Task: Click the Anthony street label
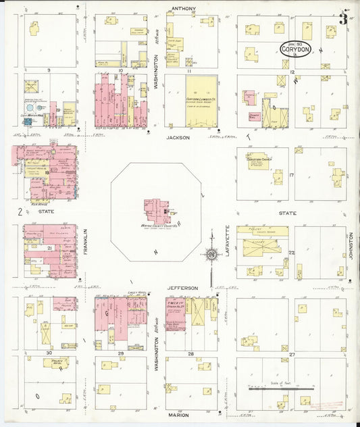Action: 183,9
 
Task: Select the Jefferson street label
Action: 183,288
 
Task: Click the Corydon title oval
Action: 297,49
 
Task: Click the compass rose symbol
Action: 211,255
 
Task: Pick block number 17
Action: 292,175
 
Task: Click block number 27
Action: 292,353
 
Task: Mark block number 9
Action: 49,70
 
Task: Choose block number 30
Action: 49,353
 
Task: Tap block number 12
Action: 292,70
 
